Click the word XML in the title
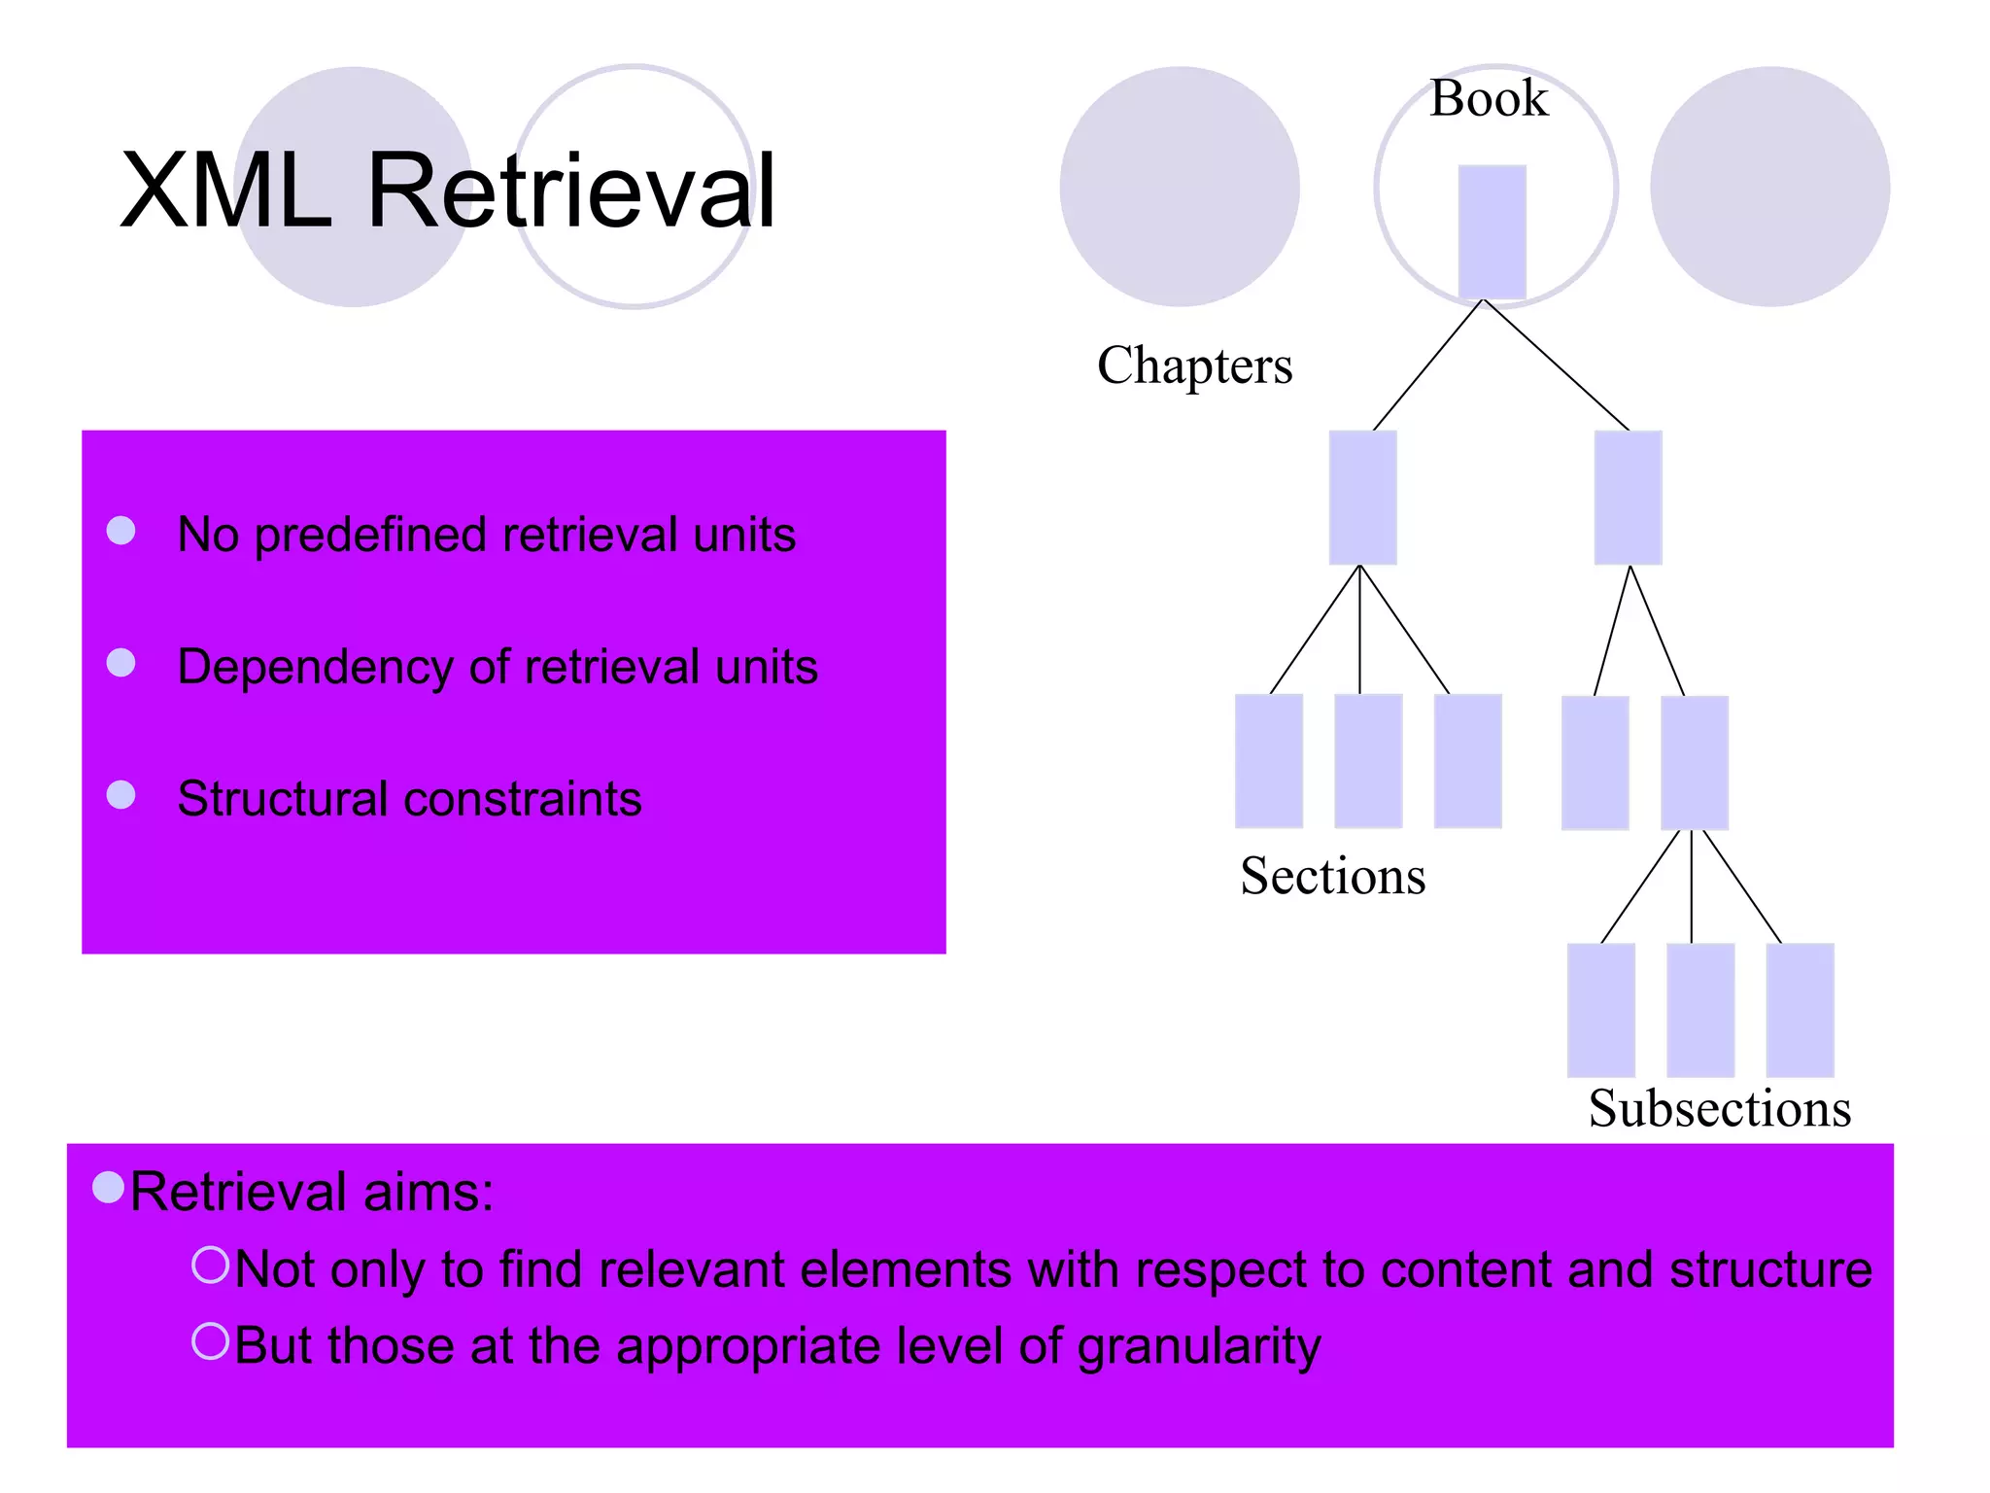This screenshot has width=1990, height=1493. tap(225, 191)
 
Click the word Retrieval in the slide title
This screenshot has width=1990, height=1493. tap(571, 191)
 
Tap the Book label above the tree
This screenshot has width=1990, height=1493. tap(1488, 98)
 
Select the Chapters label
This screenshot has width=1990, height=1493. tap(1194, 365)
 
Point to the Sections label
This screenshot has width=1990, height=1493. tap(1332, 876)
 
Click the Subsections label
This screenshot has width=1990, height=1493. tap(1719, 1108)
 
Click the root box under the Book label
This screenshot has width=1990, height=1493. tap(1492, 231)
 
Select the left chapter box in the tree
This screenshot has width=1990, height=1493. tap(1362, 497)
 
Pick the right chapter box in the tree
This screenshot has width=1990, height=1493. tap(1628, 497)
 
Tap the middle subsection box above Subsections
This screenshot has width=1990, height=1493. tap(1699, 1009)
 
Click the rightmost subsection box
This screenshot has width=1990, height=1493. tap(1800, 1009)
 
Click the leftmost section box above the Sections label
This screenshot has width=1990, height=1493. tap(1268, 760)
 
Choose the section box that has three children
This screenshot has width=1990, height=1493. tap(1694, 762)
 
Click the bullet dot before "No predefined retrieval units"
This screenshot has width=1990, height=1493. tap(120, 531)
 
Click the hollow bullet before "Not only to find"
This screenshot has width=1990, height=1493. tap(210, 1265)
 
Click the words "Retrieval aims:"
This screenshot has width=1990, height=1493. tap(312, 1192)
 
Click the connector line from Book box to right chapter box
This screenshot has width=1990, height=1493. tap(1556, 365)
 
